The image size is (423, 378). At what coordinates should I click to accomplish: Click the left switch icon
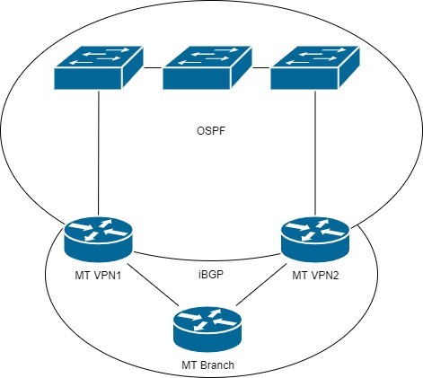(97, 68)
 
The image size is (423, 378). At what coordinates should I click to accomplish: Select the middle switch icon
(206, 68)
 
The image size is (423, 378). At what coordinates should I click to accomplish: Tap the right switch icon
(314, 68)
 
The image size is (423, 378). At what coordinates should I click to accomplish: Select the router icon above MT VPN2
(314, 236)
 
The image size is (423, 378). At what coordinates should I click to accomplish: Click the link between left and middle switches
(152, 66)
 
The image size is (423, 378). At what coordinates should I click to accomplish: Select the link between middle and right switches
(260, 66)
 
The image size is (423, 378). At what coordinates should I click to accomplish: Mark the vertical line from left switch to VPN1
(98, 153)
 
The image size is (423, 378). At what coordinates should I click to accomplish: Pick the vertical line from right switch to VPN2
(314, 153)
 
